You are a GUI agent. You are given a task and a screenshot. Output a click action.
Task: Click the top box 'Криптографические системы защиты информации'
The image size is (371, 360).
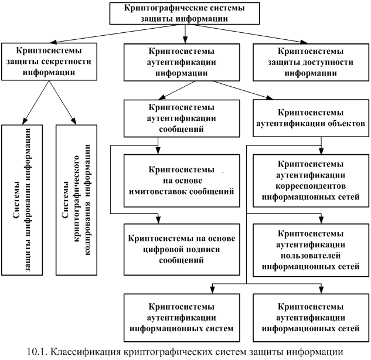[x=185, y=13]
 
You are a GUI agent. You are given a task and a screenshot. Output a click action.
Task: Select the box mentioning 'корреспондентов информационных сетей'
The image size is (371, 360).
[x=311, y=180]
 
